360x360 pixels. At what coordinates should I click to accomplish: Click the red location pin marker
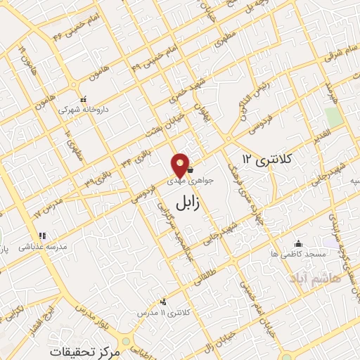(x=181, y=165)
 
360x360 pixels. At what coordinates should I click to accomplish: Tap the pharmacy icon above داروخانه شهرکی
(x=83, y=98)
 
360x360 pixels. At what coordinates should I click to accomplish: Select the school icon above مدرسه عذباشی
(x=41, y=236)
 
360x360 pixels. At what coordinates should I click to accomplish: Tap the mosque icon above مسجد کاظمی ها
(x=300, y=243)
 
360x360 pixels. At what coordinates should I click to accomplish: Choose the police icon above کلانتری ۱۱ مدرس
(x=164, y=301)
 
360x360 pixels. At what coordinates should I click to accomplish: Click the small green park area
(x=334, y=117)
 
